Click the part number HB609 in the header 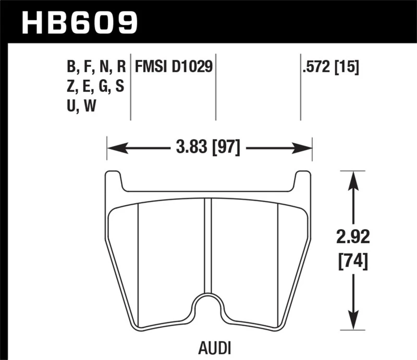coord(79,22)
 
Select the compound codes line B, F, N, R coord(96,67)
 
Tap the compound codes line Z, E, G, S coord(96,86)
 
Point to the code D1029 coord(194,67)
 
